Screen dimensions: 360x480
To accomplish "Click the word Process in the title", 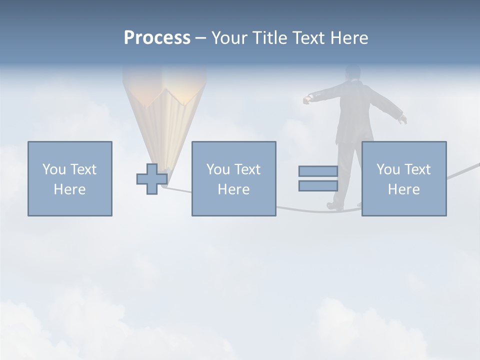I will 157,38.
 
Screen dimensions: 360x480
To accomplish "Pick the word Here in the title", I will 349,38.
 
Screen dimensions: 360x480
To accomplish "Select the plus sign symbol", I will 152,179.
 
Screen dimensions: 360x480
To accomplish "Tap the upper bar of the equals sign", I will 318,171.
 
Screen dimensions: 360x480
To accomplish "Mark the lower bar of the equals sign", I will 318,186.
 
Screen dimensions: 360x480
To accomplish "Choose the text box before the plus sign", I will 70,178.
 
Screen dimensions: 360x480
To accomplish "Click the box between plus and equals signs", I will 233,178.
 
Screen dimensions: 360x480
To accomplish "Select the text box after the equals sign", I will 404,178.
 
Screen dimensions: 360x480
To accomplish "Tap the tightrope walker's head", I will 352,72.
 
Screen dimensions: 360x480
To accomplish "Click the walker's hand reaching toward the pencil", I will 307,100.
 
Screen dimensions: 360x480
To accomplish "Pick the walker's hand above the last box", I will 402,119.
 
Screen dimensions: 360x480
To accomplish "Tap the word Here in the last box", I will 404,189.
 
